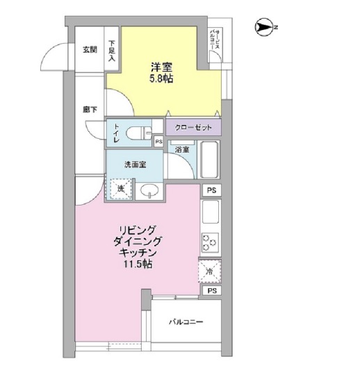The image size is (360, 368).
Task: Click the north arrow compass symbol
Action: click(265, 27)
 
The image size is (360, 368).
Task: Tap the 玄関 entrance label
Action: click(90, 49)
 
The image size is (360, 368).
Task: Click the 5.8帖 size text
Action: click(162, 80)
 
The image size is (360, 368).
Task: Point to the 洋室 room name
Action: click(162, 67)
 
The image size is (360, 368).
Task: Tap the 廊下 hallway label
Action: click(89, 109)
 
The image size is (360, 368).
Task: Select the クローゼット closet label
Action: click(193, 127)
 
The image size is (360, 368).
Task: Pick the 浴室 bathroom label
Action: click(182, 149)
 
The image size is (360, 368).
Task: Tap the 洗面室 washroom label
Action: click(134, 165)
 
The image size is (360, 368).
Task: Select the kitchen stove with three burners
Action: click(211, 243)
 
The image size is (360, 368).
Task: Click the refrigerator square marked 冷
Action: click(210, 272)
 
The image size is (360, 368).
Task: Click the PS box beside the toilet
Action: click(159, 142)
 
